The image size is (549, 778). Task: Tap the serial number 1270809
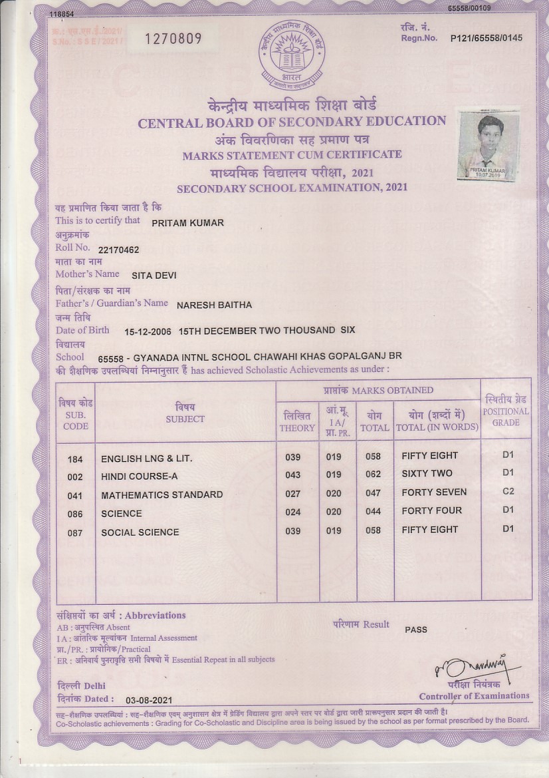pos(173,39)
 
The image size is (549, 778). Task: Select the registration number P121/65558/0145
pos(486,38)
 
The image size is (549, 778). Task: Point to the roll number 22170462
pos(118,250)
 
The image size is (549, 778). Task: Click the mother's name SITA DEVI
pos(154,274)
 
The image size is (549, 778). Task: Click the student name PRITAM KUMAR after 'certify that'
pos(187,223)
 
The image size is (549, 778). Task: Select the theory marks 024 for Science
pos(292,512)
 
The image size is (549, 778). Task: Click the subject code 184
pos(75,459)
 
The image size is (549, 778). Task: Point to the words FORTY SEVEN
pos(434,492)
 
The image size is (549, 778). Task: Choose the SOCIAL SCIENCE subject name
pos(140,532)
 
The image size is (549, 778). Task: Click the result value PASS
pos(416,630)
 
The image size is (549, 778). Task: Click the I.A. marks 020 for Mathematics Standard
pos(334,494)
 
